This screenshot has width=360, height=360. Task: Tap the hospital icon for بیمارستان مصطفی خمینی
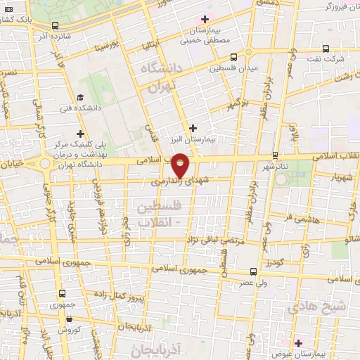click(205, 19)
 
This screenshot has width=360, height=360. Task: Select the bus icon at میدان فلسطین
click(233, 58)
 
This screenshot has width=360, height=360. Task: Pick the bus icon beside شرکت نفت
click(325, 49)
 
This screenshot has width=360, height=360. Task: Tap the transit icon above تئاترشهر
click(275, 155)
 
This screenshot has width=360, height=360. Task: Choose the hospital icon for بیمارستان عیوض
click(299, 343)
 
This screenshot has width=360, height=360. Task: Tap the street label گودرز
click(273, 262)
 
